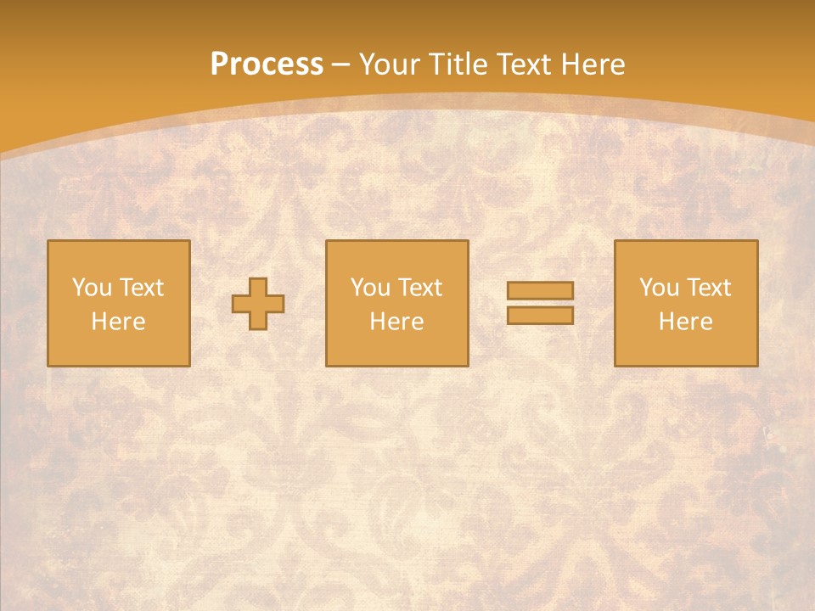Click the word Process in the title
point(267,64)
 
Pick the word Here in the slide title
point(595,64)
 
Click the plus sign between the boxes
point(258,304)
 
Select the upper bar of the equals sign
point(540,291)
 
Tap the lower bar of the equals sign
point(540,315)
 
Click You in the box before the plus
point(92,288)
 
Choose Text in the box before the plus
point(141,288)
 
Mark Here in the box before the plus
point(118,322)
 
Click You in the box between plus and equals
point(370,288)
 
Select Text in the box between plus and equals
point(419,288)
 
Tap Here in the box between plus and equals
point(396,322)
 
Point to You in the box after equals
point(659,288)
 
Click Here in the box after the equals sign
point(685,322)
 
